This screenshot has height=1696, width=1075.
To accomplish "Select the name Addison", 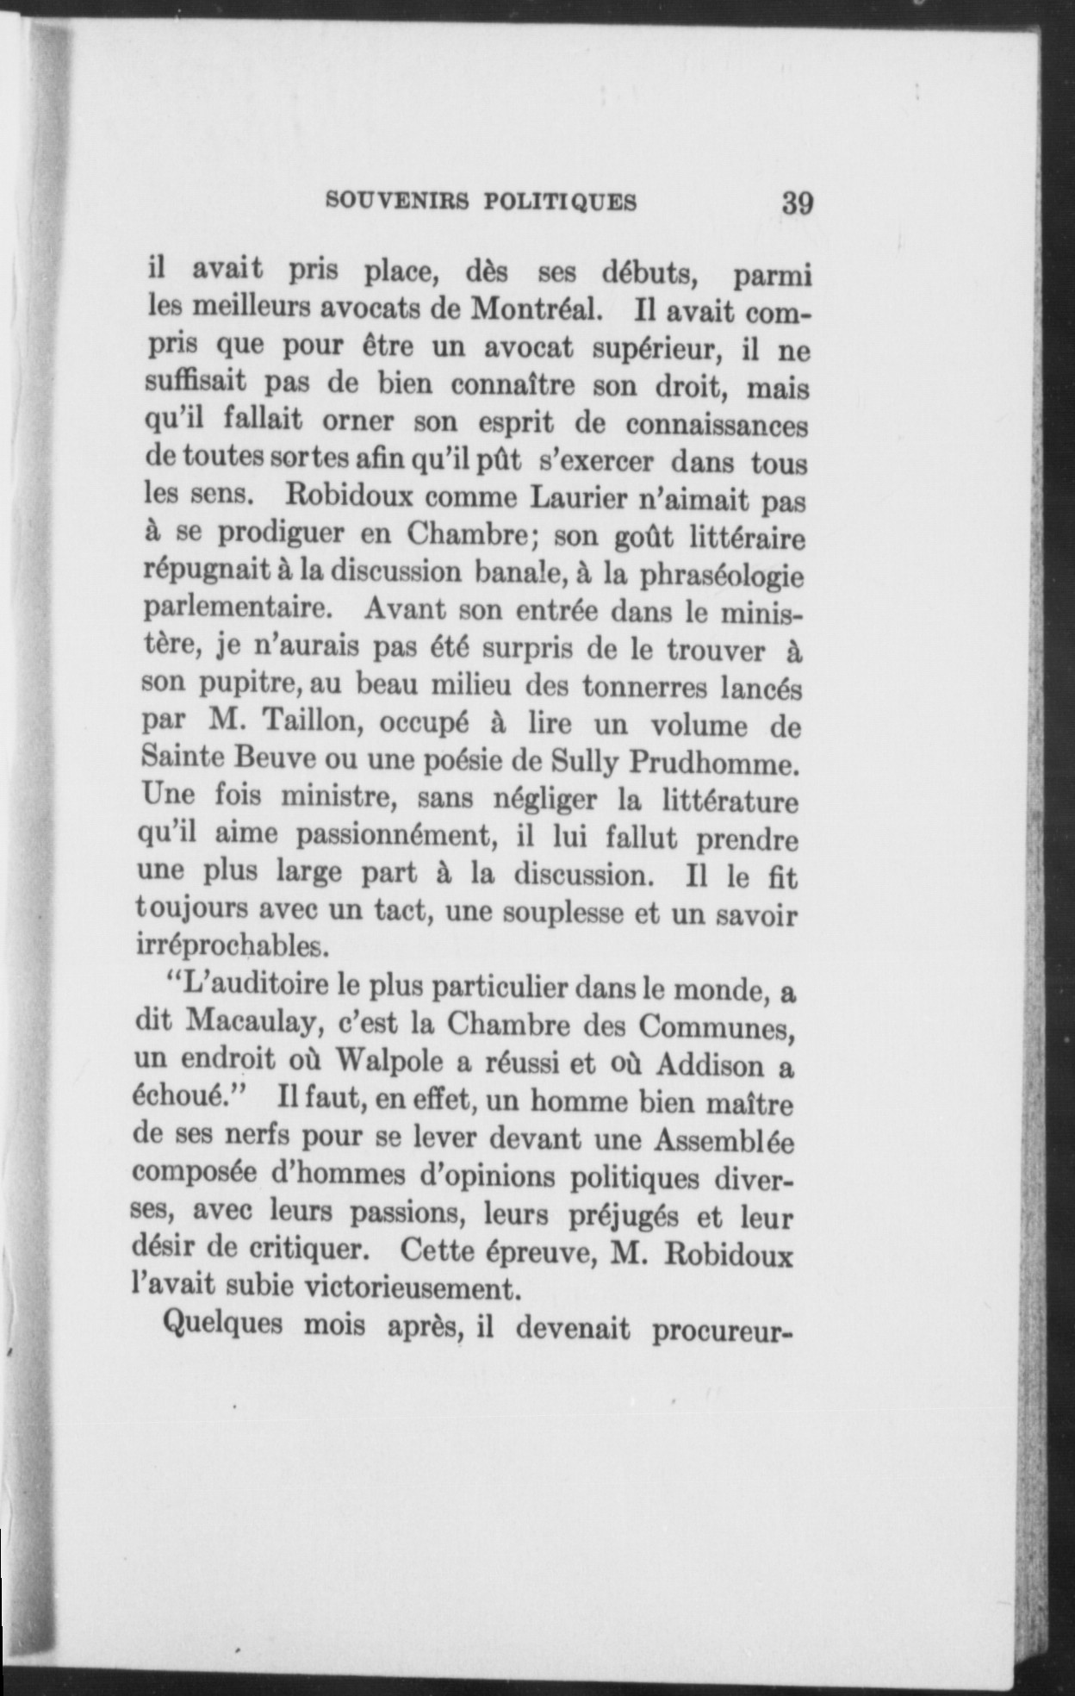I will pos(710,1064).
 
